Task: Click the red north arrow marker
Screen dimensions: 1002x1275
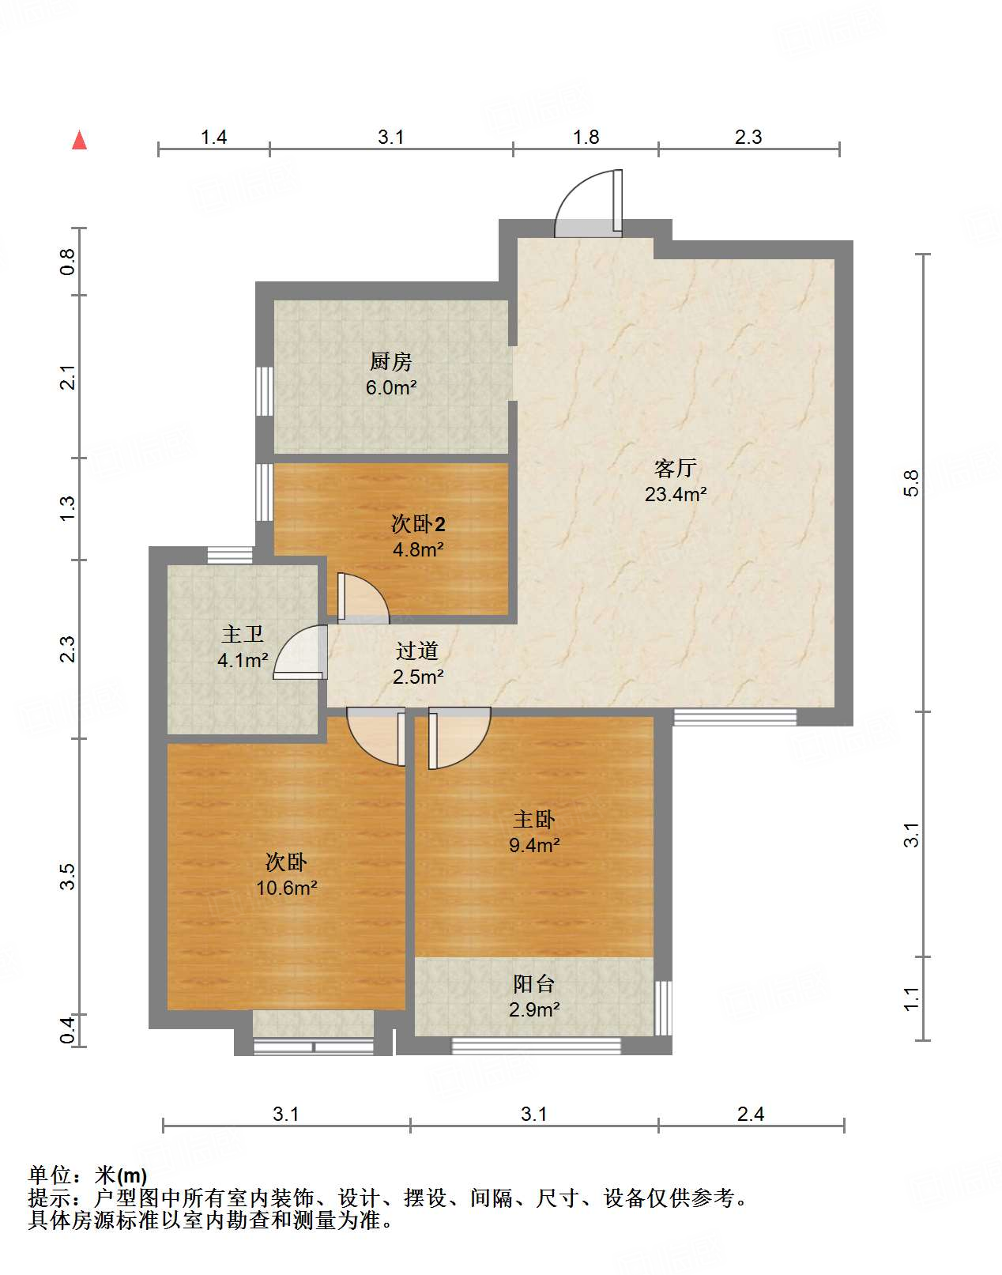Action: pyautogui.click(x=79, y=141)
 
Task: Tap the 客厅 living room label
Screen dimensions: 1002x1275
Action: pyautogui.click(x=675, y=468)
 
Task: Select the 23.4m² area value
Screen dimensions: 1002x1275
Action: pyautogui.click(x=675, y=494)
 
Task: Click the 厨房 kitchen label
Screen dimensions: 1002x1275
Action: pyautogui.click(x=391, y=361)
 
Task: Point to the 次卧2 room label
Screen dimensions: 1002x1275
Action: pyautogui.click(x=418, y=524)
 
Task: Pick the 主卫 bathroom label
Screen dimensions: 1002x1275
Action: pyautogui.click(x=243, y=634)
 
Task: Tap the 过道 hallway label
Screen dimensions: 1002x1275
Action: pyautogui.click(x=417, y=651)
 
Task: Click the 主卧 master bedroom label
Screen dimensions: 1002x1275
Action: pyautogui.click(x=533, y=820)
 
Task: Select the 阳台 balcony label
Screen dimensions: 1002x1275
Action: pyautogui.click(x=533, y=984)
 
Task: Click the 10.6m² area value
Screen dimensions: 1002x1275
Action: pyautogui.click(x=287, y=888)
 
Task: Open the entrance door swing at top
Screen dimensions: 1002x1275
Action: pyautogui.click(x=589, y=203)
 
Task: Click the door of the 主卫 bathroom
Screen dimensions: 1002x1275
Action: pyautogui.click(x=300, y=651)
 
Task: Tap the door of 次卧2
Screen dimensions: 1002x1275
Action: pyautogui.click(x=363, y=598)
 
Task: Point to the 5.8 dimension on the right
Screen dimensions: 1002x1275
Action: pyautogui.click(x=911, y=483)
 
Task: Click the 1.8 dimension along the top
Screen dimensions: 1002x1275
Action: pyautogui.click(x=586, y=138)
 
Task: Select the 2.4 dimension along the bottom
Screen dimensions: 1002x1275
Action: pyautogui.click(x=751, y=1115)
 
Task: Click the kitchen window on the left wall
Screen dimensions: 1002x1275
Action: pyautogui.click(x=264, y=391)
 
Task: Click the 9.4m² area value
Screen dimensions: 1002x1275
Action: pyautogui.click(x=534, y=845)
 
